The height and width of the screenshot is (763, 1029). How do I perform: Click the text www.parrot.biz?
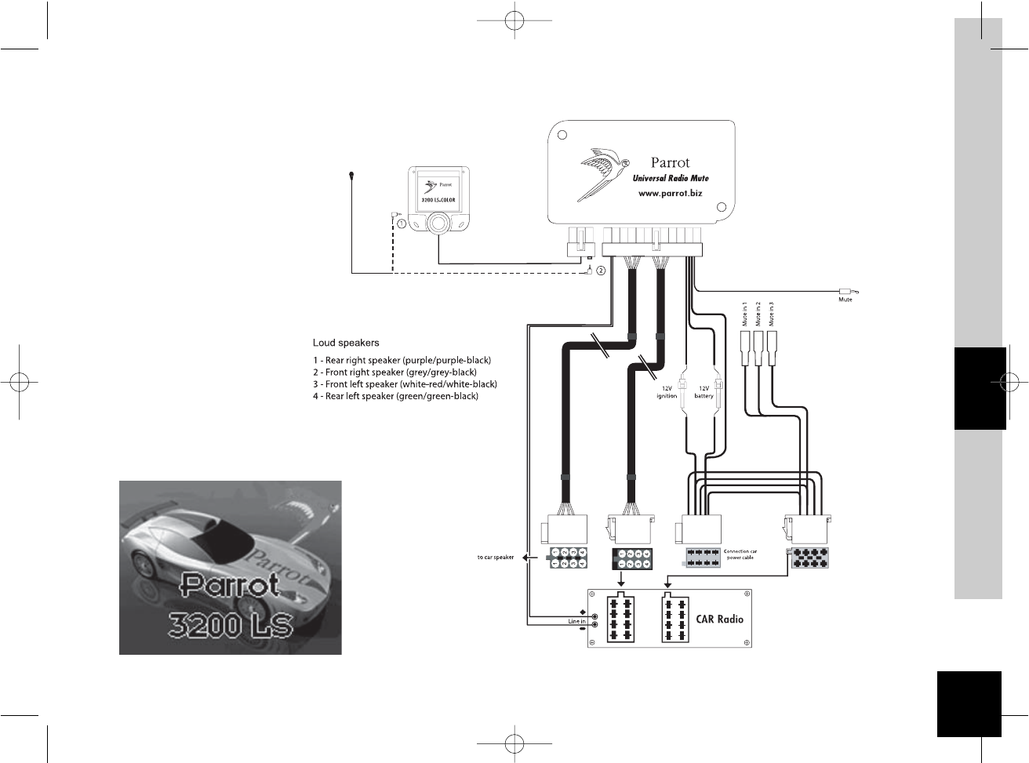pyautogui.click(x=670, y=193)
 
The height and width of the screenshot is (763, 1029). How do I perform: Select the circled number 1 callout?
pyautogui.click(x=402, y=223)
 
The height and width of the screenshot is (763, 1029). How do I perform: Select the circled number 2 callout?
pyautogui.click(x=601, y=271)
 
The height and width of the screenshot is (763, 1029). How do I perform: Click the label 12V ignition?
pyautogui.click(x=667, y=392)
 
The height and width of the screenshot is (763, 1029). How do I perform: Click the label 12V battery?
pyautogui.click(x=704, y=392)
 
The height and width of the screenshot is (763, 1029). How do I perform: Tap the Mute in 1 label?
pyautogui.click(x=744, y=314)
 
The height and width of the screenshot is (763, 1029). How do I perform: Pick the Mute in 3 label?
pyautogui.click(x=772, y=314)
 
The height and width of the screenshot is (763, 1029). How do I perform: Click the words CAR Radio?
pyautogui.click(x=719, y=619)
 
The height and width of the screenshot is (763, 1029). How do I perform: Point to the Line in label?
pyautogui.click(x=576, y=622)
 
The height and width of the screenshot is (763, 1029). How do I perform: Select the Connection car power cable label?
pyautogui.click(x=740, y=554)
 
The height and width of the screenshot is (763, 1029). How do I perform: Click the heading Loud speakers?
pyautogui.click(x=346, y=343)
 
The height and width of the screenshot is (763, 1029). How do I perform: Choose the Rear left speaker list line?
pyautogui.click(x=395, y=396)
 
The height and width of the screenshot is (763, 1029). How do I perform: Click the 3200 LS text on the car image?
pyautogui.click(x=231, y=626)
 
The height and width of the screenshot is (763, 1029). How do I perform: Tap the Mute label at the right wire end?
pyautogui.click(x=845, y=300)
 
